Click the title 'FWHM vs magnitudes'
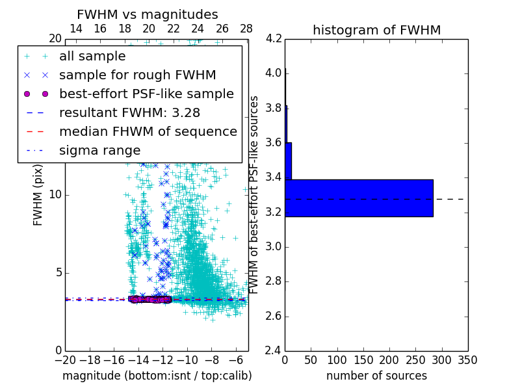[x=148, y=14]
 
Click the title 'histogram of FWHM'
[x=376, y=30]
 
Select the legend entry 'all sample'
[x=92, y=57]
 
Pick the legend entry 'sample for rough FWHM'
[x=137, y=75]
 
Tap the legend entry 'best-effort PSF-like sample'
[x=146, y=94]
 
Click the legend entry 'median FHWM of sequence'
[x=148, y=132]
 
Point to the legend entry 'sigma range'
[x=99, y=151]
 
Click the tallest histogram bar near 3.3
[x=359, y=198]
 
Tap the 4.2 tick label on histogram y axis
[x=274, y=38]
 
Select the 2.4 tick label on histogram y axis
[x=274, y=351]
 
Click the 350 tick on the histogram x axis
[x=467, y=360]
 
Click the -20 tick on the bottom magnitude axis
[x=65, y=360]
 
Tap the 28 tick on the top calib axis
[x=246, y=29]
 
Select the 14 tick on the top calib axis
[x=75, y=29]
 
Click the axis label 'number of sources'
[x=376, y=376]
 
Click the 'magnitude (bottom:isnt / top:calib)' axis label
[x=157, y=376]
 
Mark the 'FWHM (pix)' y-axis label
[x=38, y=195]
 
